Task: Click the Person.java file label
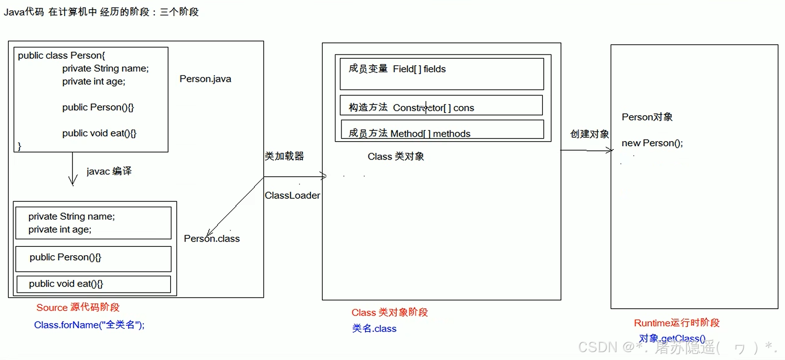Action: pos(205,79)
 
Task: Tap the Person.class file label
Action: pos(212,239)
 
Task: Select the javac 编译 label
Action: pos(109,171)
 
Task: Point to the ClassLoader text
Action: pos(292,196)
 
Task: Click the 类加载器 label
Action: pos(284,156)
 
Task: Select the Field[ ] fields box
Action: pos(442,74)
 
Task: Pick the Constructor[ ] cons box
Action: pos(441,106)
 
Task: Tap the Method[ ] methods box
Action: pos(442,130)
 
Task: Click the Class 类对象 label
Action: pos(396,157)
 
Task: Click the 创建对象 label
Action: pos(589,134)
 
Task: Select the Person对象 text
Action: pos(647,117)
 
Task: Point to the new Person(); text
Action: pos(652,143)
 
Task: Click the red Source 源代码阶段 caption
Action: pos(78,307)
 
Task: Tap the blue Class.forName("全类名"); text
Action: pos(89,325)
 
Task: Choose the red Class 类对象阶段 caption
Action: pos(389,313)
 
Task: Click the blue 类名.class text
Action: pos(374,329)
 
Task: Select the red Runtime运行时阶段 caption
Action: pos(677,323)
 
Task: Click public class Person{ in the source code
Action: pos(61,56)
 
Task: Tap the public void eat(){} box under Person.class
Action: pos(93,284)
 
